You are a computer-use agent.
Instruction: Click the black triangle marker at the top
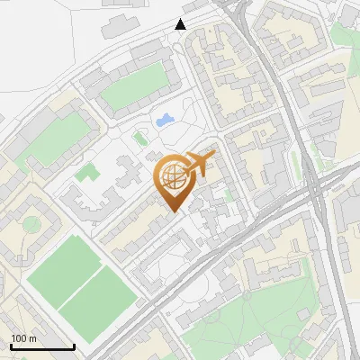(181, 24)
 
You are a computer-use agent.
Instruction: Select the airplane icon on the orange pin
(199, 164)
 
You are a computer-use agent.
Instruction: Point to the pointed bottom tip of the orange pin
(174, 213)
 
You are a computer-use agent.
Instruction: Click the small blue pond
(166, 120)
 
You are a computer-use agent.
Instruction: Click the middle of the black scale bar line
(42, 346)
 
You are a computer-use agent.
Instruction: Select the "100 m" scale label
(23, 338)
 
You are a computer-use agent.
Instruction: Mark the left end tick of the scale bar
(11, 346)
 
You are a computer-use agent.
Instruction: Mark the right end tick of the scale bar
(74, 346)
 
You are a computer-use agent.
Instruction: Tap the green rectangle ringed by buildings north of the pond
(136, 86)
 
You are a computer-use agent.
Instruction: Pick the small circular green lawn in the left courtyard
(31, 223)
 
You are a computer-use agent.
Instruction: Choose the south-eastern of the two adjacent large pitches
(100, 297)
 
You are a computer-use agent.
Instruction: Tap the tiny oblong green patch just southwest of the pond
(139, 139)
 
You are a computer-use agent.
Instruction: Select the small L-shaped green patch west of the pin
(85, 170)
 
